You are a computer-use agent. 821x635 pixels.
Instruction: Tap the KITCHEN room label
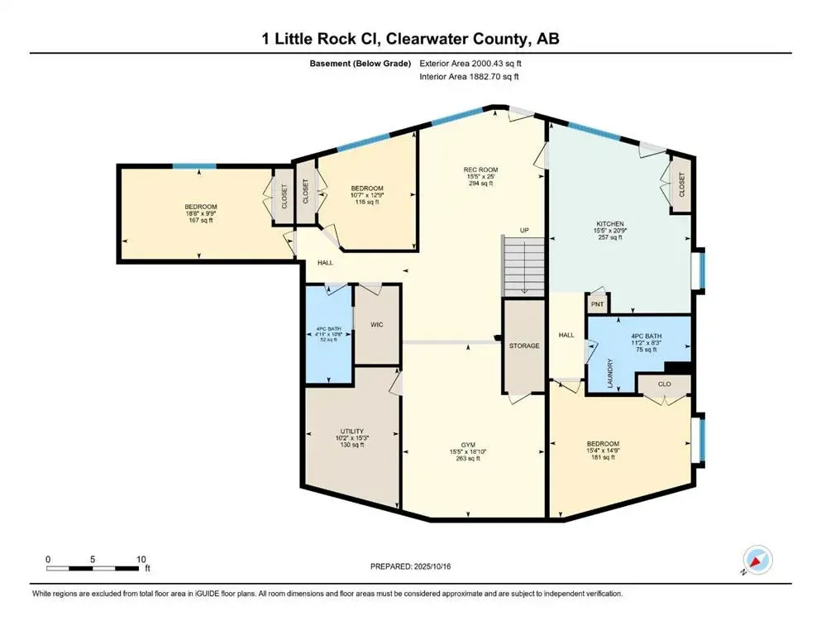pos(609,223)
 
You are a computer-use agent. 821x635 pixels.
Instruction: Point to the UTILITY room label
pos(352,432)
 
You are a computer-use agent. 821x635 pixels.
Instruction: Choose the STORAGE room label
pos(524,346)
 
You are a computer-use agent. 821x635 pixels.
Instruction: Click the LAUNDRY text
pos(611,372)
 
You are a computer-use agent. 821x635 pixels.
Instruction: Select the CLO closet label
pos(664,384)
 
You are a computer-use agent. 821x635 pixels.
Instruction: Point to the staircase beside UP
pos(524,265)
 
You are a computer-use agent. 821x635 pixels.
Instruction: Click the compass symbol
pos(757,560)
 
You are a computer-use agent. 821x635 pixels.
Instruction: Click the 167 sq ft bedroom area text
pos(200,220)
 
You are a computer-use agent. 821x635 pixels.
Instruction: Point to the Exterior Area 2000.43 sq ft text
pos(470,63)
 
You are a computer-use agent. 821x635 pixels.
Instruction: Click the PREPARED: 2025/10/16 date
pos(411,566)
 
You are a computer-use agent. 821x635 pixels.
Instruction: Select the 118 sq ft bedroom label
pos(365,202)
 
